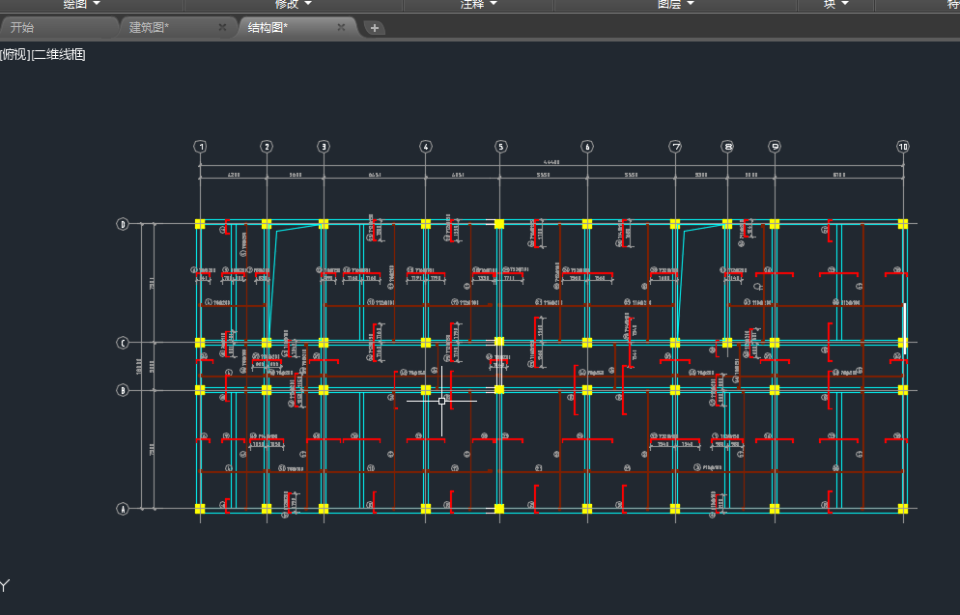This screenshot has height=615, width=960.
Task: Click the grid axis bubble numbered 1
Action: pos(200,147)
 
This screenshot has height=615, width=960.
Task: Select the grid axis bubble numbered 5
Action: pos(500,147)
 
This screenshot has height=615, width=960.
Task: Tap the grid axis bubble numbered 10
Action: pos(903,147)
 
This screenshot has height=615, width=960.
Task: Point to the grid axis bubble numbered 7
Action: pos(675,147)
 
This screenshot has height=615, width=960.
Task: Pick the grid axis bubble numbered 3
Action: pos(324,147)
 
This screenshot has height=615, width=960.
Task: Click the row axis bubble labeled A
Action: pos(123,509)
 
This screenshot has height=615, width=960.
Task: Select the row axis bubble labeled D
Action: pos(123,224)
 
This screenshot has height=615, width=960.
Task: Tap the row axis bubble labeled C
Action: pos(123,343)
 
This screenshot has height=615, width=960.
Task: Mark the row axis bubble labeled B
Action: pos(123,390)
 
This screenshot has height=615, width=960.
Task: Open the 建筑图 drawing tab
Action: pos(150,27)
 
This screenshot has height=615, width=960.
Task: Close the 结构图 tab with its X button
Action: pos(341,27)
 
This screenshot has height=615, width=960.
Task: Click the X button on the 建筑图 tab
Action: pos(222,27)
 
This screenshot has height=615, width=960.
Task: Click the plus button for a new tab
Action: pos(375,28)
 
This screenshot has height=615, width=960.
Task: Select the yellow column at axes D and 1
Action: pos(200,224)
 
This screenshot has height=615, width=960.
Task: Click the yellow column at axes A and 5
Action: pos(499,509)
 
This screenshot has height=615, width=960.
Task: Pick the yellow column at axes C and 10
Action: pos(903,343)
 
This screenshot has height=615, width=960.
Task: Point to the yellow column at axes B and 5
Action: pos(499,390)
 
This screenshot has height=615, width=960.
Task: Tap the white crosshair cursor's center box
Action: pos(442,400)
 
